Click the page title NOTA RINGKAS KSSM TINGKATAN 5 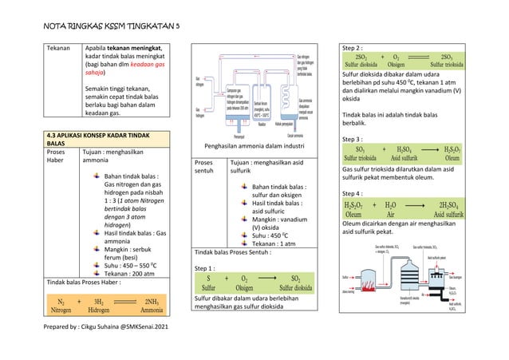(x=111, y=26)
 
